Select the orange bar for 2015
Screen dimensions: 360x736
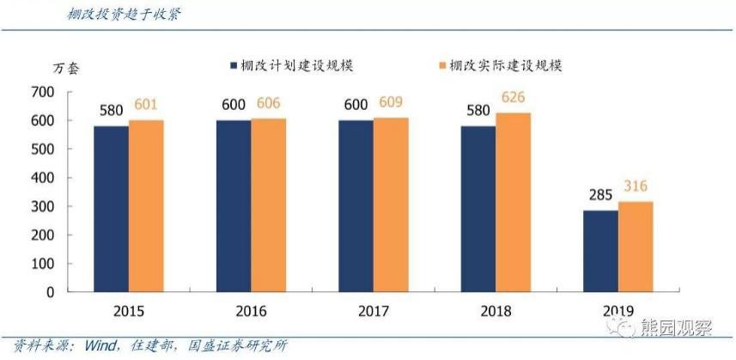pos(146,205)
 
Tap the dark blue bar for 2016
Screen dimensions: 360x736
pos(234,205)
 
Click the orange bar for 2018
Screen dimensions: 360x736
pos(514,202)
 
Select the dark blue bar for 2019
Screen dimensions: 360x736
pos(600,251)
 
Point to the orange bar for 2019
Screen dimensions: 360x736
pos(636,247)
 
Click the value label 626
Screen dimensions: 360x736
pos(514,96)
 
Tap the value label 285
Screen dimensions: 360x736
pos(599,195)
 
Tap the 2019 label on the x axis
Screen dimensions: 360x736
pos(618,311)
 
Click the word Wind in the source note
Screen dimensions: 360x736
pos(96,345)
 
